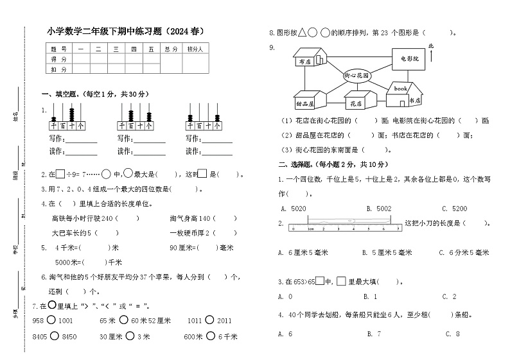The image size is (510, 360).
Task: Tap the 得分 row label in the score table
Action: (x=59, y=58)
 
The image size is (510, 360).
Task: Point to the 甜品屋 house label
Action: (x=305, y=103)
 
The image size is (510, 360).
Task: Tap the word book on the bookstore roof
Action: (x=401, y=88)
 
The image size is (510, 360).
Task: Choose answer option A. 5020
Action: (x=293, y=209)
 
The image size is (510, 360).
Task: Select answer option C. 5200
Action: (x=453, y=209)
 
